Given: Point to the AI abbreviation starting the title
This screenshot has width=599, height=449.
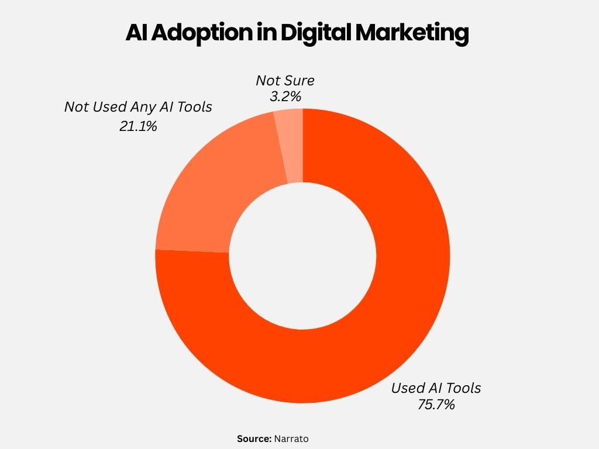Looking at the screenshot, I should click(136, 34).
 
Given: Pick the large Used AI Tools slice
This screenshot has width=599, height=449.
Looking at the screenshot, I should click(374, 327).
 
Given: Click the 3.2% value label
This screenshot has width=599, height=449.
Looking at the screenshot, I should click(285, 97).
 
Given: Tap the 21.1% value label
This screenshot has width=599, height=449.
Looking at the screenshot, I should click(138, 126).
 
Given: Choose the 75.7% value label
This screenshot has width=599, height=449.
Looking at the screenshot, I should click(436, 404).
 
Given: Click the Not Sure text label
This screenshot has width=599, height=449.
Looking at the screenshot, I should click(285, 81).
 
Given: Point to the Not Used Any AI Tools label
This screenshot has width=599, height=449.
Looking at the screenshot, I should click(138, 108).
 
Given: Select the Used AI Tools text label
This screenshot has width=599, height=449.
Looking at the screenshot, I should click(436, 388).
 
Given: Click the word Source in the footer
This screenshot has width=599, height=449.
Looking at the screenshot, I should click(254, 438).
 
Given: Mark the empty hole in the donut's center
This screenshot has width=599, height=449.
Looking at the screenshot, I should click(302, 256).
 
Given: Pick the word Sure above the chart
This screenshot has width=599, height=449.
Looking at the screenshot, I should click(300, 81).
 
